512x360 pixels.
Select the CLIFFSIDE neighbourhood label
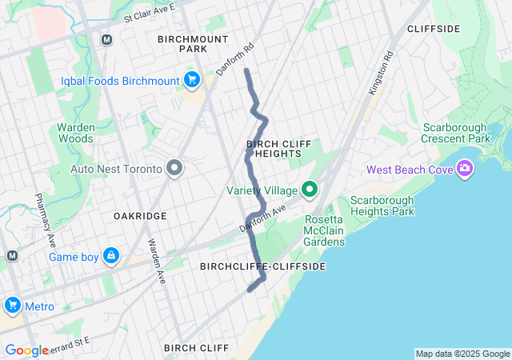click(434, 29)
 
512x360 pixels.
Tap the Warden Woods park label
click(76, 133)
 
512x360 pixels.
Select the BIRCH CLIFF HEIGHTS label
click(274, 148)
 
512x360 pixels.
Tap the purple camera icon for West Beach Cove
click(465, 169)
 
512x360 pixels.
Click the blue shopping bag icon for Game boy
click(111, 257)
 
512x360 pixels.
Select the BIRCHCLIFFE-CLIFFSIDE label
click(262, 266)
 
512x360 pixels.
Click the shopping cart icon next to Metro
click(12, 306)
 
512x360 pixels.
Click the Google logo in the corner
click(26, 350)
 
